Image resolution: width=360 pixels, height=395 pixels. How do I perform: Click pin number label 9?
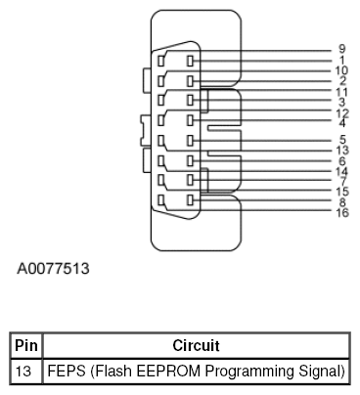pos(341,49)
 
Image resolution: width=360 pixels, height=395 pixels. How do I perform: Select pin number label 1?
pos(341,60)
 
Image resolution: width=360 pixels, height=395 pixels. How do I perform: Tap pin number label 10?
pos(341,70)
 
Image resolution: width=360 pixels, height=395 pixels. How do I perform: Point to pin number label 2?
pos(341,80)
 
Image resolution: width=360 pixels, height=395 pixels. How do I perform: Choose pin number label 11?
pos(341,92)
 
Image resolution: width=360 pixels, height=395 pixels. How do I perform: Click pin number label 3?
pos(341,102)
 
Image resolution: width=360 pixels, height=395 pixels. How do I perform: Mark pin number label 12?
pos(341,112)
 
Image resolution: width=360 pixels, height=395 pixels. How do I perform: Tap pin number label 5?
pos(341,140)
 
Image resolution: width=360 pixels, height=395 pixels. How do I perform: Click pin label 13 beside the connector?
pos(341,151)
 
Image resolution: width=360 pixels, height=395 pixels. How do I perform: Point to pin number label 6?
pos(341,161)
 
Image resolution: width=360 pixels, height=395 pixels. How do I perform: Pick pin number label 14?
pos(341,171)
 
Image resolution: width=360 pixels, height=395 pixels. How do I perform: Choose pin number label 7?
pos(341,181)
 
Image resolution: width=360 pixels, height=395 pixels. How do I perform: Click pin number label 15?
pos(341,191)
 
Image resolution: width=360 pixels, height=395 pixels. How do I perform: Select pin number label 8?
pos(341,202)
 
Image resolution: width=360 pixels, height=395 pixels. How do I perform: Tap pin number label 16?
pos(341,212)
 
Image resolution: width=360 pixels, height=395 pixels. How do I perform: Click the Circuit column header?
pos(195,345)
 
